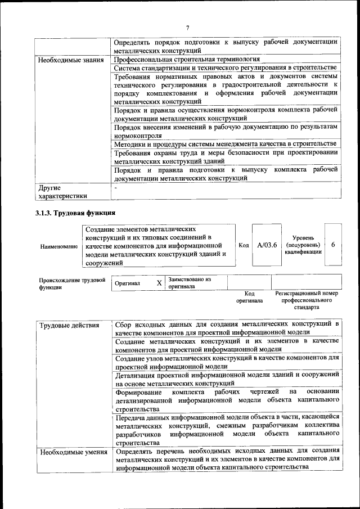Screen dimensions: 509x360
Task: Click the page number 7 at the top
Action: coord(187,28)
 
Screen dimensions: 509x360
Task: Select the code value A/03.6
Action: coord(267,245)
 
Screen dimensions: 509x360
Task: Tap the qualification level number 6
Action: coord(334,245)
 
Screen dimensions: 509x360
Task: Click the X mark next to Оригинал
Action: coord(159,283)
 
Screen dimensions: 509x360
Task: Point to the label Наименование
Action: coord(59,246)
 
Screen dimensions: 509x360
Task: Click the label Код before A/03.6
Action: coord(244,246)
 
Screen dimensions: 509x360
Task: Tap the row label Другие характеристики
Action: coord(62,192)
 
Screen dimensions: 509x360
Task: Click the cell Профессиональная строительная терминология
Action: coord(186,59)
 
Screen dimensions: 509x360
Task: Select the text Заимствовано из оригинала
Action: coord(189,282)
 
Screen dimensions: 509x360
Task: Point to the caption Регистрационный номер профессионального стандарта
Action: coord(307,300)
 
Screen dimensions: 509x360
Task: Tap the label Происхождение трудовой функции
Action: coord(72,283)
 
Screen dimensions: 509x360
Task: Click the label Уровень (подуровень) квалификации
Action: coord(303,245)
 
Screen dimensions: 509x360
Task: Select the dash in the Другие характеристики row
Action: coord(115,187)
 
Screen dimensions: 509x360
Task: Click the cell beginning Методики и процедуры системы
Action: coord(225,145)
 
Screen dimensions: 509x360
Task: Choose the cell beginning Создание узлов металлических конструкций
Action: coord(225,362)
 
